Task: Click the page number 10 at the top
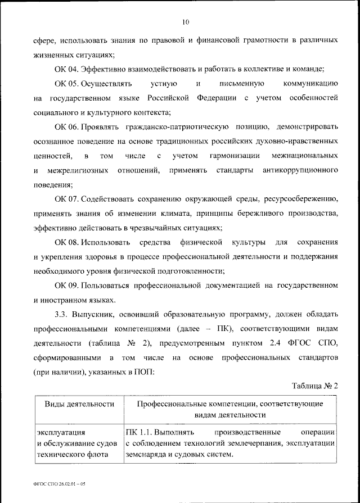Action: (x=186, y=22)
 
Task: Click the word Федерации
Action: (x=219, y=98)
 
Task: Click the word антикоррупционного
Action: (x=300, y=169)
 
